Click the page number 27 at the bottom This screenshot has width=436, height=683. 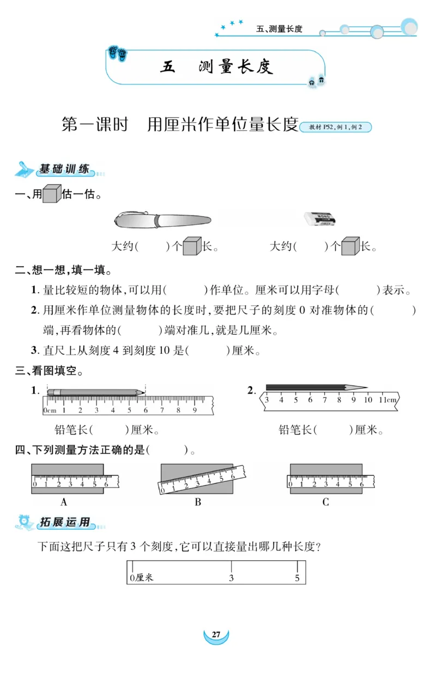coord(216,634)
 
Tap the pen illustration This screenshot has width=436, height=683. coord(162,220)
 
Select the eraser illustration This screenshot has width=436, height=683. coord(320,219)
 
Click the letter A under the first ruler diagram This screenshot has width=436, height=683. coord(64,502)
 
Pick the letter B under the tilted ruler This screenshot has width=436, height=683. coord(198,502)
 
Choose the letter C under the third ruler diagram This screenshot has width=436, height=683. coord(325,502)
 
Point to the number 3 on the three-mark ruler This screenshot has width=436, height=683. coord(231,578)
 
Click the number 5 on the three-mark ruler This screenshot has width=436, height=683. coord(297,578)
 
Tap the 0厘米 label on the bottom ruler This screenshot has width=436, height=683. coord(142,578)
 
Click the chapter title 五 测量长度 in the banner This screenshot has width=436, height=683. coord(216,67)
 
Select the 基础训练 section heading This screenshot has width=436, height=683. coord(64,170)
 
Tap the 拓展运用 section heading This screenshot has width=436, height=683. coord(64,522)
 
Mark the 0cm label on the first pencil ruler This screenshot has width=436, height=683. coord(50,410)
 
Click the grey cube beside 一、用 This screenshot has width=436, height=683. coord(52,194)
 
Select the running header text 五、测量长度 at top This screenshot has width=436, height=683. coord(279,29)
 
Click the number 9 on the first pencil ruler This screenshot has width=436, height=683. coord(195,410)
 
